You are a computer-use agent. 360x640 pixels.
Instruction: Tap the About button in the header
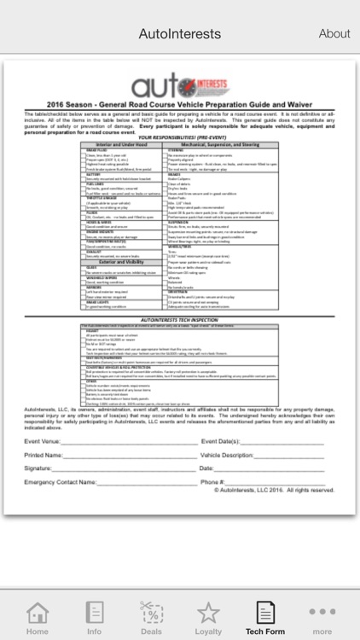point(334,34)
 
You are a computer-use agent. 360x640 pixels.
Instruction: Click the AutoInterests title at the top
point(180,34)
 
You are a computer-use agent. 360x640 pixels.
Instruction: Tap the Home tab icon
point(37,616)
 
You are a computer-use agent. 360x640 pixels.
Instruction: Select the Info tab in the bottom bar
point(94,616)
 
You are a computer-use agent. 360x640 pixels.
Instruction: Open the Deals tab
point(151,616)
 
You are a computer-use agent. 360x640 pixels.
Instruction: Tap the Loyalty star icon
point(208,616)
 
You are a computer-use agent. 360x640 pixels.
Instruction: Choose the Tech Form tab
point(265,616)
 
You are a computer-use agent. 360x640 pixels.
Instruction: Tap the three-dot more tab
point(322,616)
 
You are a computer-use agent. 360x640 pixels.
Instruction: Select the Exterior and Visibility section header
point(120,261)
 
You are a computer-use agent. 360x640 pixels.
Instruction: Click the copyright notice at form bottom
point(276,491)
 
